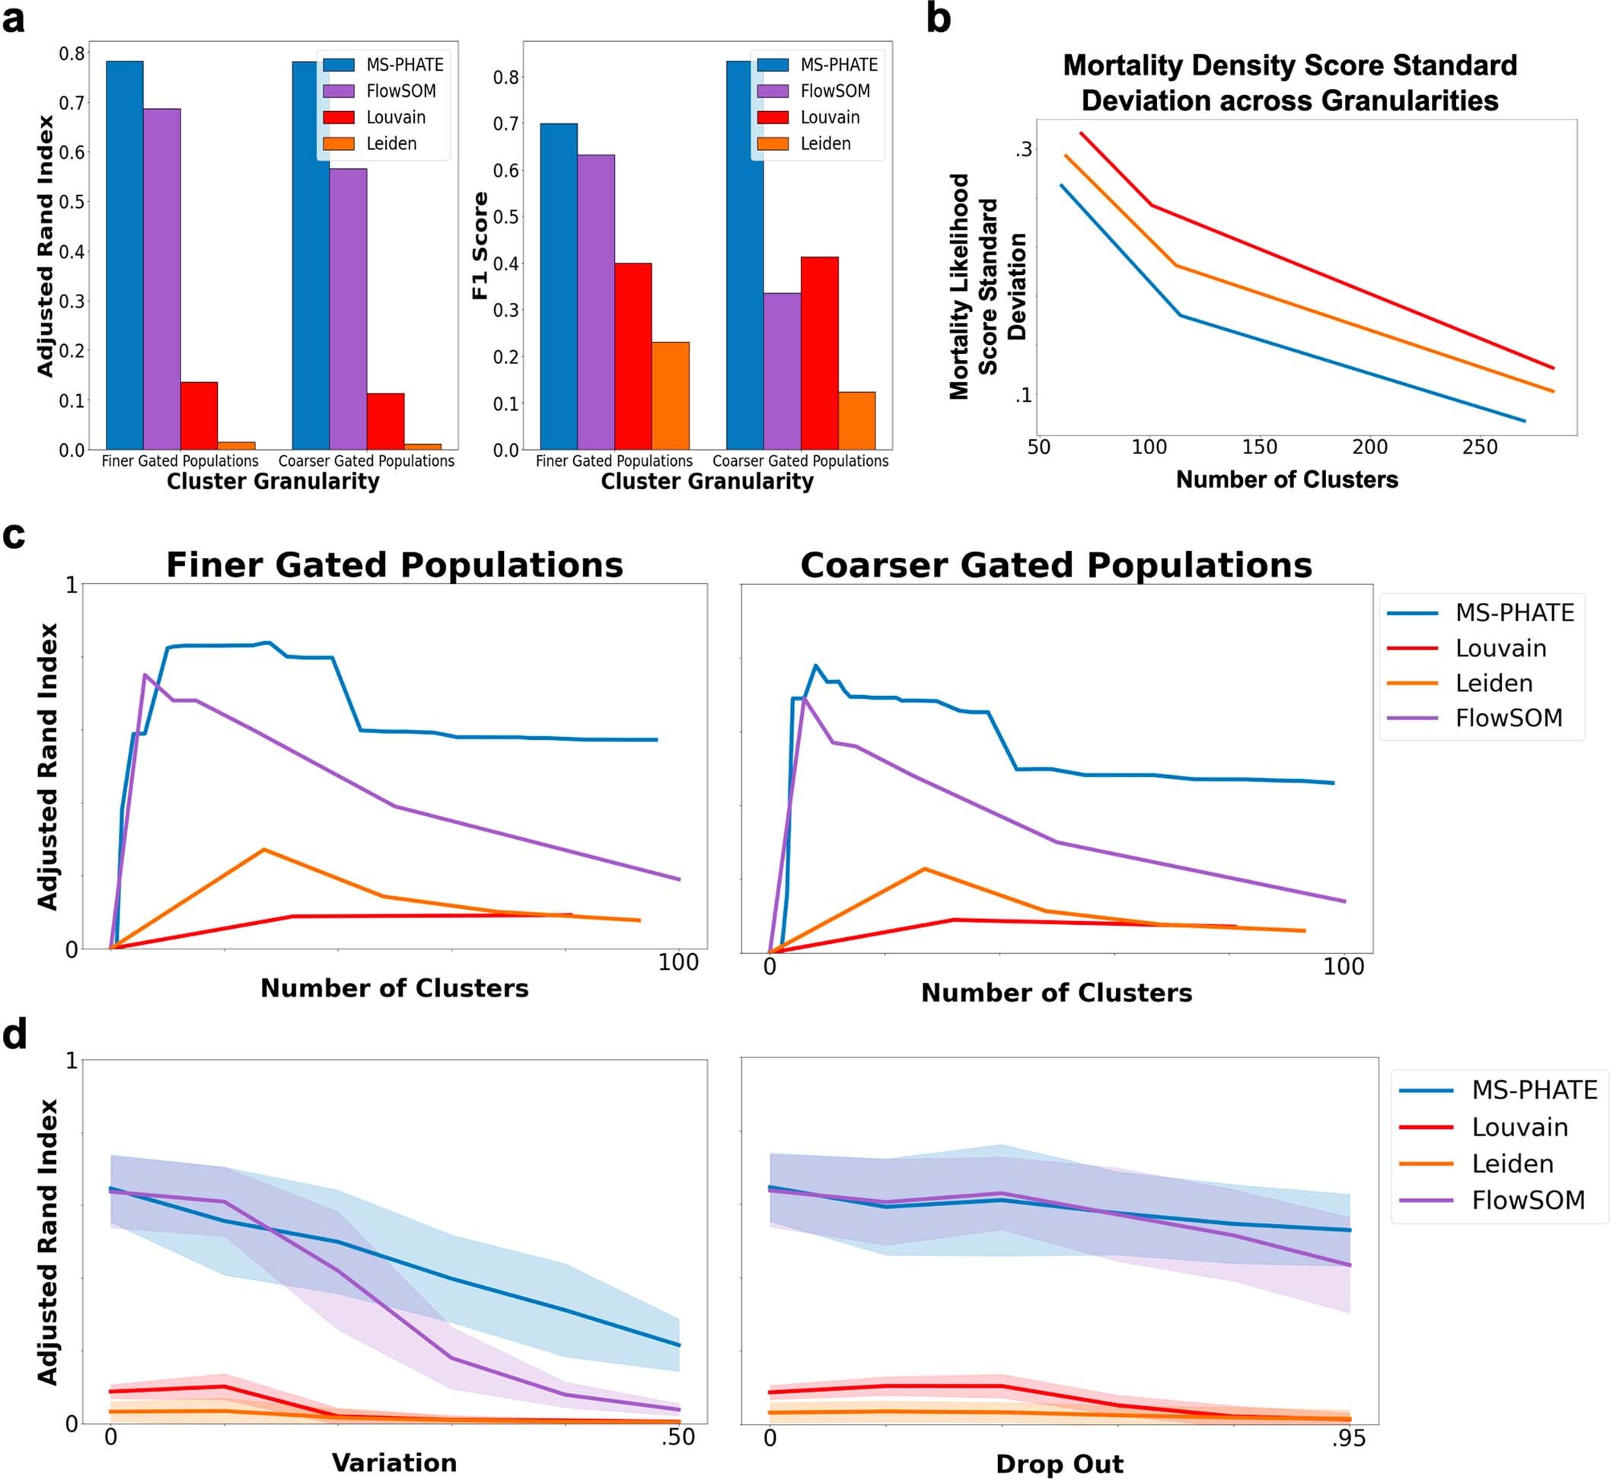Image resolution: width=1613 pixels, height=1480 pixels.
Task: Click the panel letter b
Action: (938, 19)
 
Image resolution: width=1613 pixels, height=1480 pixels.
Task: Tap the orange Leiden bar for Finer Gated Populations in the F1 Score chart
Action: (670, 396)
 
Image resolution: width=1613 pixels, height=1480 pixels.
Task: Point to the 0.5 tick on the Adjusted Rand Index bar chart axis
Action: (72, 202)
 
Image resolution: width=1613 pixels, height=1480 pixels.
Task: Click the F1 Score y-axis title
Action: (480, 246)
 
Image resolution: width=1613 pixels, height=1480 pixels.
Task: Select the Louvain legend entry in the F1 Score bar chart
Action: (829, 118)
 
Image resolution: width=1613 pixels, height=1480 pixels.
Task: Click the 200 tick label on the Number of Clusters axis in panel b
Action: (1369, 448)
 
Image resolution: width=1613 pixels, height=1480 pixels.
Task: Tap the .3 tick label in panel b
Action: (1024, 150)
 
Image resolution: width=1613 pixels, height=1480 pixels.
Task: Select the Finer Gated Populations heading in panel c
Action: (394, 566)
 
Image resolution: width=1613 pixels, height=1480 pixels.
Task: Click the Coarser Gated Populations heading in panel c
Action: (1056, 566)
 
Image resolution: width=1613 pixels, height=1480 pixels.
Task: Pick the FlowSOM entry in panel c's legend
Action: (1508, 719)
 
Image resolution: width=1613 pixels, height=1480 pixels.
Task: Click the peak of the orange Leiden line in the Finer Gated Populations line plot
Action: (263, 849)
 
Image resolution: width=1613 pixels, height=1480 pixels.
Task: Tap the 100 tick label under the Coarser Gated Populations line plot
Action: (1343, 967)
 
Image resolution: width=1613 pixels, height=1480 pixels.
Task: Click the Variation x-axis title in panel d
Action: (394, 1462)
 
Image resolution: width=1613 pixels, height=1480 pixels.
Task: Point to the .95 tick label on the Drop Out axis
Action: (1348, 1438)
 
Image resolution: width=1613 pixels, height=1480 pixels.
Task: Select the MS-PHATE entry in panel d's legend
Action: (1534, 1090)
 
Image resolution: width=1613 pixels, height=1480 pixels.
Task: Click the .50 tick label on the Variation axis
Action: (677, 1437)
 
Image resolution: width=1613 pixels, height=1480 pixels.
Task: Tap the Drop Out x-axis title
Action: (1059, 1464)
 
